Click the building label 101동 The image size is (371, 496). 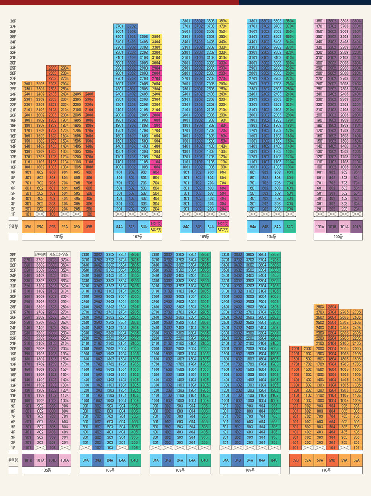(x=58, y=236)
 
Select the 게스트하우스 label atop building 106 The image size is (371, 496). (x=58, y=254)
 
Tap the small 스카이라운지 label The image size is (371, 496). (x=40, y=254)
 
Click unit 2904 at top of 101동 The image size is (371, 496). (x=65, y=68)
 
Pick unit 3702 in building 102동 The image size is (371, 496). (x=131, y=26)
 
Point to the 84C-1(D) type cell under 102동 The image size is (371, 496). (x=156, y=224)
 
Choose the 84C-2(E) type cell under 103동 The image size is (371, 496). (x=223, y=230)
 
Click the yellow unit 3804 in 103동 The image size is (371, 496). (x=223, y=21)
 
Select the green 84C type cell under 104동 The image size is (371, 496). (x=289, y=227)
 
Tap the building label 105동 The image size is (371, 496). (x=338, y=236)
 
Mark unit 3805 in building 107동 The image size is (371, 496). (x=134, y=255)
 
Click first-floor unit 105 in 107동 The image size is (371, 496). (x=134, y=448)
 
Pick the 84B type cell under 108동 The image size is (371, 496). (x=168, y=460)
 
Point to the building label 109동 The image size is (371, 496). (x=250, y=470)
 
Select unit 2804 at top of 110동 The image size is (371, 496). (x=332, y=307)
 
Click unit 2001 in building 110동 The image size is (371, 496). (x=296, y=348)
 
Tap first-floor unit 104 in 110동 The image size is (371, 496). (x=332, y=448)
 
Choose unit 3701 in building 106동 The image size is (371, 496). (x=28, y=260)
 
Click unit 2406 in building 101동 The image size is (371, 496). (x=89, y=94)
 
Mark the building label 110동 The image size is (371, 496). (x=326, y=470)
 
